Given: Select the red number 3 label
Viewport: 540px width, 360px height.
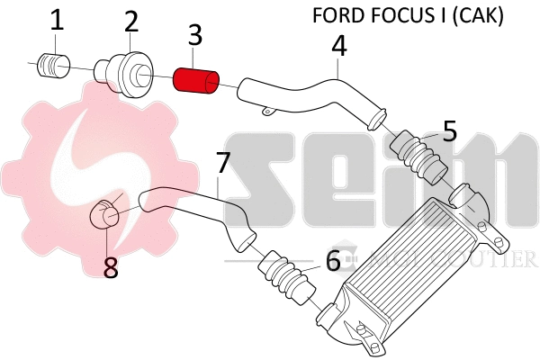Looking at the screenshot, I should click(x=194, y=37).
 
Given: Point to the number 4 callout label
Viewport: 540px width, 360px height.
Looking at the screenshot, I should click(x=338, y=45).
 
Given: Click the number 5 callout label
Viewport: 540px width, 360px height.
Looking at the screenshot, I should click(x=449, y=130).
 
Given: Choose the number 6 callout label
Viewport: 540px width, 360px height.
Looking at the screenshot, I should click(x=333, y=261).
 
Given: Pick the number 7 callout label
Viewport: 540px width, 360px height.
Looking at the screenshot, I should click(x=224, y=165).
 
